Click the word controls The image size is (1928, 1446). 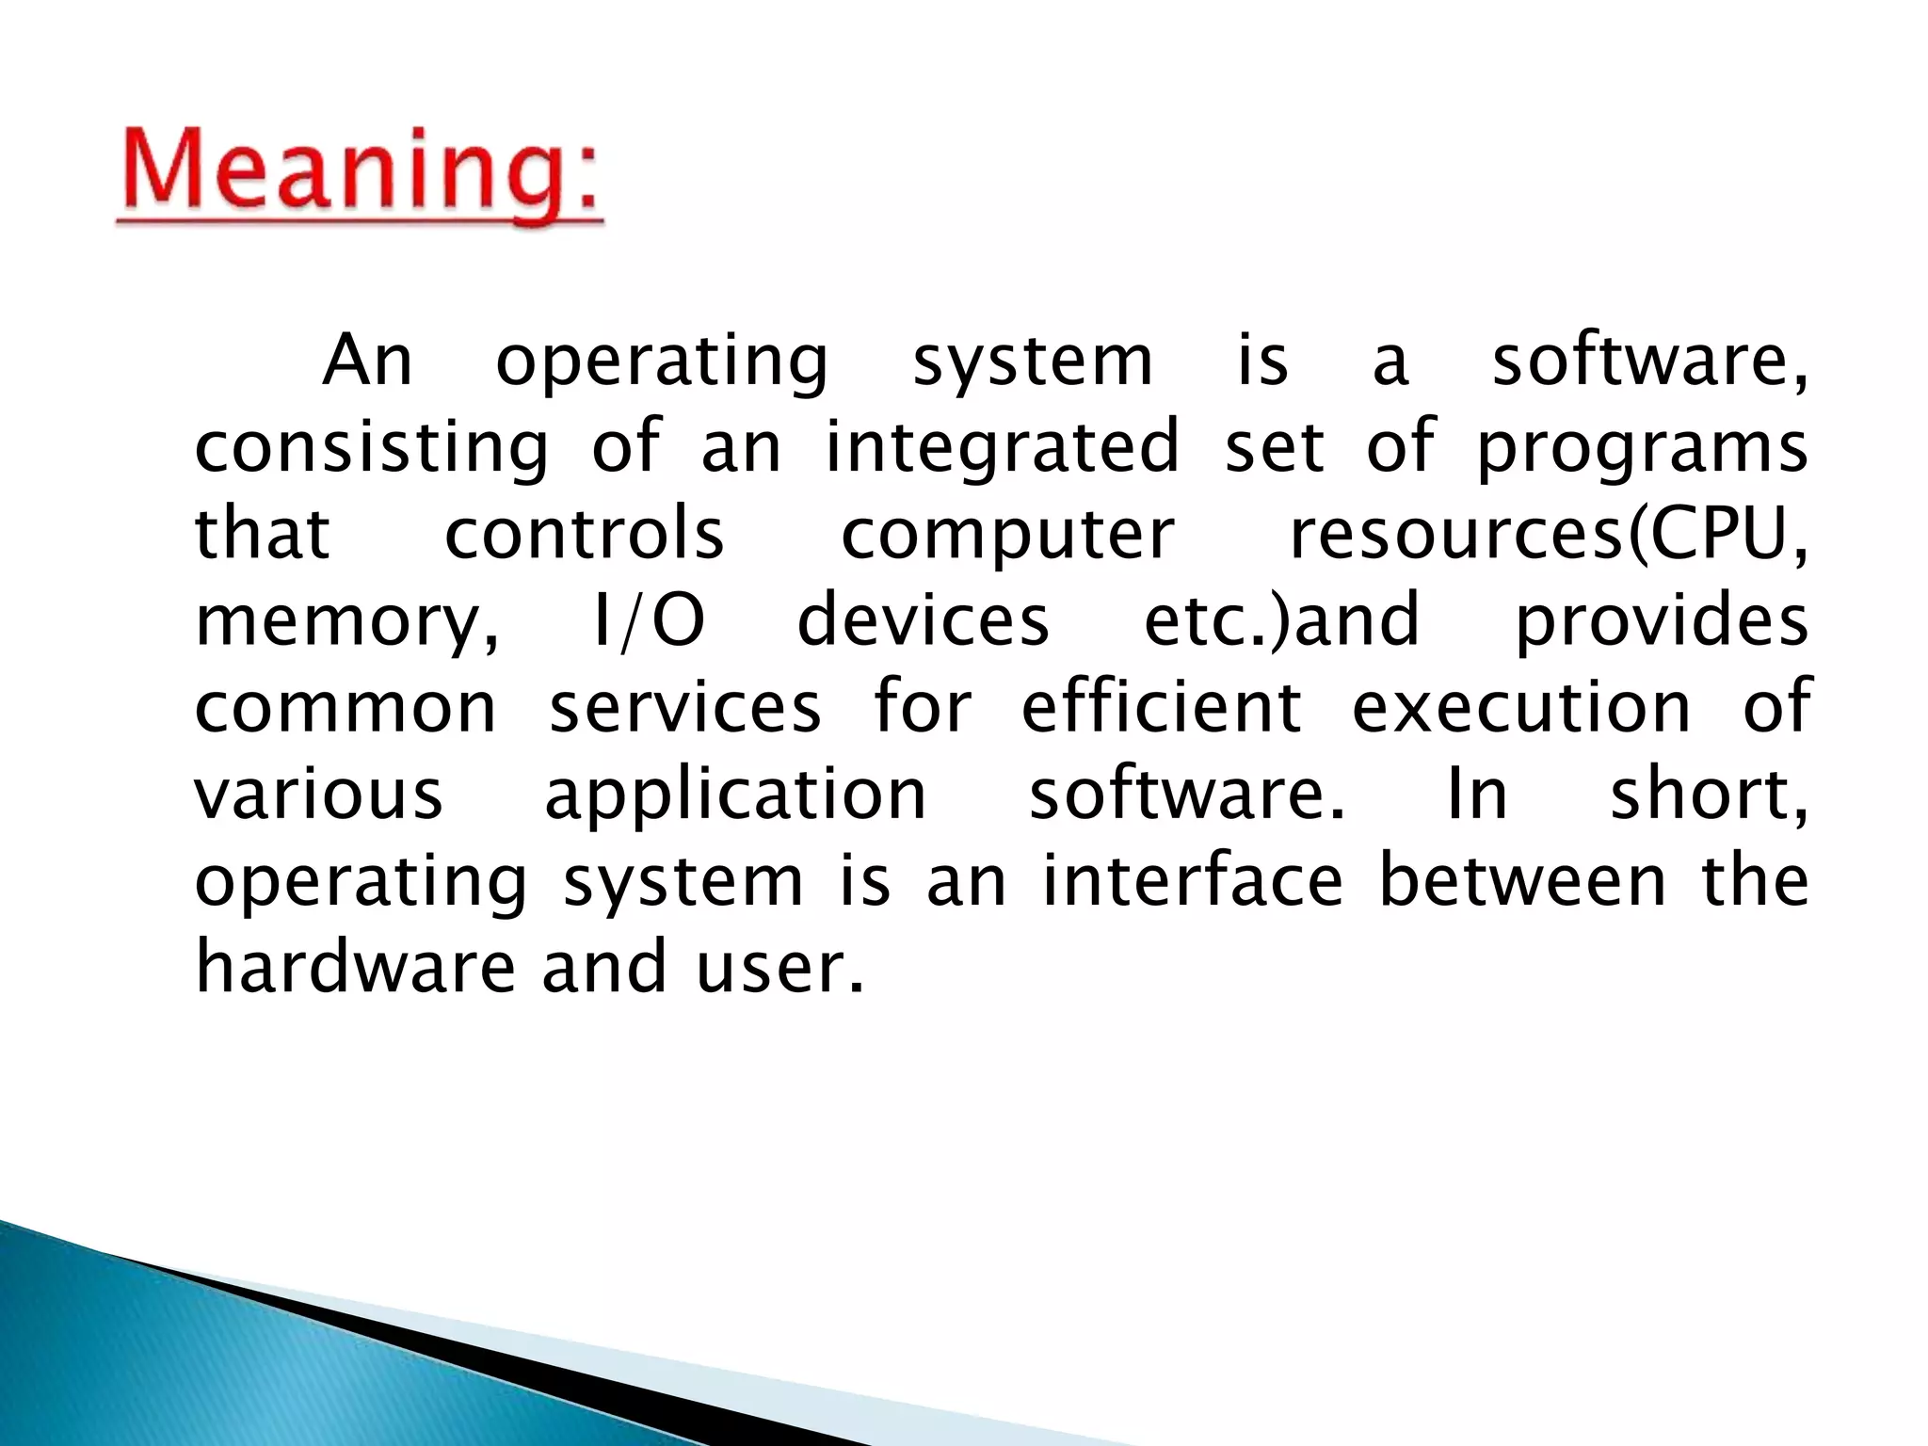[584, 534]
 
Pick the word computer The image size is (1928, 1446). [1007, 534]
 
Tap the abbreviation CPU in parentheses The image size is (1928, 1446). [1718, 534]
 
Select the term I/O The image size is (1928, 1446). [649, 621]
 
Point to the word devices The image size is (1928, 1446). [923, 621]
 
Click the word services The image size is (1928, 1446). [685, 708]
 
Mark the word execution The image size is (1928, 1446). [1521, 708]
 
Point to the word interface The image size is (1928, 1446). [1192, 881]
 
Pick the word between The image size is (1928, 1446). [1522, 881]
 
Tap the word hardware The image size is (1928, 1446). [355, 968]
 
